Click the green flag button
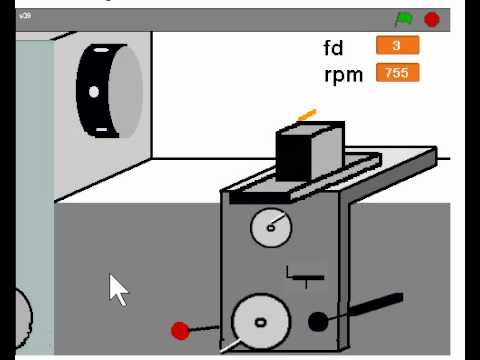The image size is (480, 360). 404,19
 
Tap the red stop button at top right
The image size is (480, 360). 432,19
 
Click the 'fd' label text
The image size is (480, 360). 333,48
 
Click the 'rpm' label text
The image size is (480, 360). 343,74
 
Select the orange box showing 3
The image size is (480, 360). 397,45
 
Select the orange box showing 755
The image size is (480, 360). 397,72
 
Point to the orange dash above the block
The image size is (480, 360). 306,114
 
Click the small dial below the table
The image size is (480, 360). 270,227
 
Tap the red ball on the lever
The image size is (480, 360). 180,330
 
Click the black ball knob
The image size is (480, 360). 318,321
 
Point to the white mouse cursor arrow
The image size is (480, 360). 118,289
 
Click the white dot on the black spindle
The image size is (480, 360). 94,91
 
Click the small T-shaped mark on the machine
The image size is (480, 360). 305,272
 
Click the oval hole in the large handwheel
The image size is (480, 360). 260,322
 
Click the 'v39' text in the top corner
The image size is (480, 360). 24,17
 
